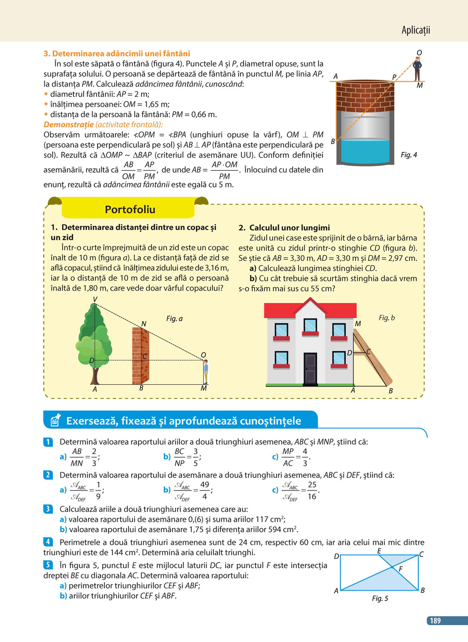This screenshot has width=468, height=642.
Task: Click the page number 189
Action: click(435, 620)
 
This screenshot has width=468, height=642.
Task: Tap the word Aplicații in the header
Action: click(416, 30)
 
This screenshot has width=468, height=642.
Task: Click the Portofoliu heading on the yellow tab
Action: click(130, 209)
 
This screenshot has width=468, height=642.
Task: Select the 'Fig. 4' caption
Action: click(409, 155)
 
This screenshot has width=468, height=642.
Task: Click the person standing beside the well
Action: click(417, 69)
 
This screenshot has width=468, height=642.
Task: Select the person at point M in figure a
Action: click(205, 372)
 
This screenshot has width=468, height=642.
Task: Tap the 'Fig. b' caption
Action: click(387, 318)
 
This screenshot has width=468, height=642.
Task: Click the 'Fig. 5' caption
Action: click(380, 599)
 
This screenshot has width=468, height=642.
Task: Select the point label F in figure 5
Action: click(401, 569)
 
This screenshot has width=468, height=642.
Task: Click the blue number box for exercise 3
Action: click(48, 509)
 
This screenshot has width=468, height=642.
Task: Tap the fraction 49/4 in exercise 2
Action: click(205, 491)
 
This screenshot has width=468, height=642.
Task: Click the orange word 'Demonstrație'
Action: click(68, 124)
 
